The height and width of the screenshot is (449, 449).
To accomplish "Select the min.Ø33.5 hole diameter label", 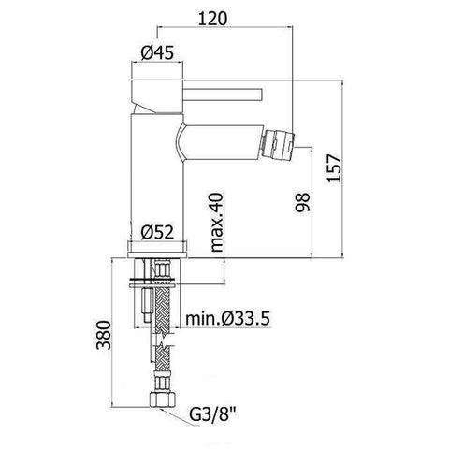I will coord(227,319).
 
